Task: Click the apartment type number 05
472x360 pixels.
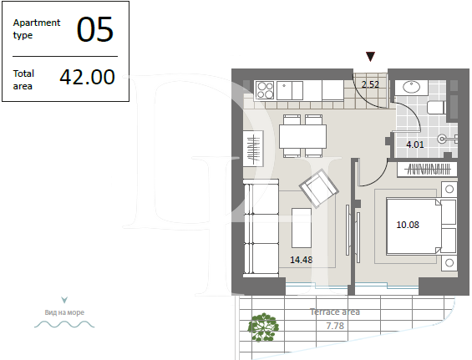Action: point(94,30)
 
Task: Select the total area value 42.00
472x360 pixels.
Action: point(87,78)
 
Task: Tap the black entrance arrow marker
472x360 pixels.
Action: point(371,56)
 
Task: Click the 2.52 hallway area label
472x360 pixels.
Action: point(370,84)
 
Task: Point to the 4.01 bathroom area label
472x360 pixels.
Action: point(415,145)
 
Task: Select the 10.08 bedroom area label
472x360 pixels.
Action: point(409,223)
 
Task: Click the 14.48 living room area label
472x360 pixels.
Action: point(302,260)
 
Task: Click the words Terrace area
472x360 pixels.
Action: point(335,312)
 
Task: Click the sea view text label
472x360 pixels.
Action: point(64,313)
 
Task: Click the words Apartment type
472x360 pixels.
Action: point(37,29)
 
